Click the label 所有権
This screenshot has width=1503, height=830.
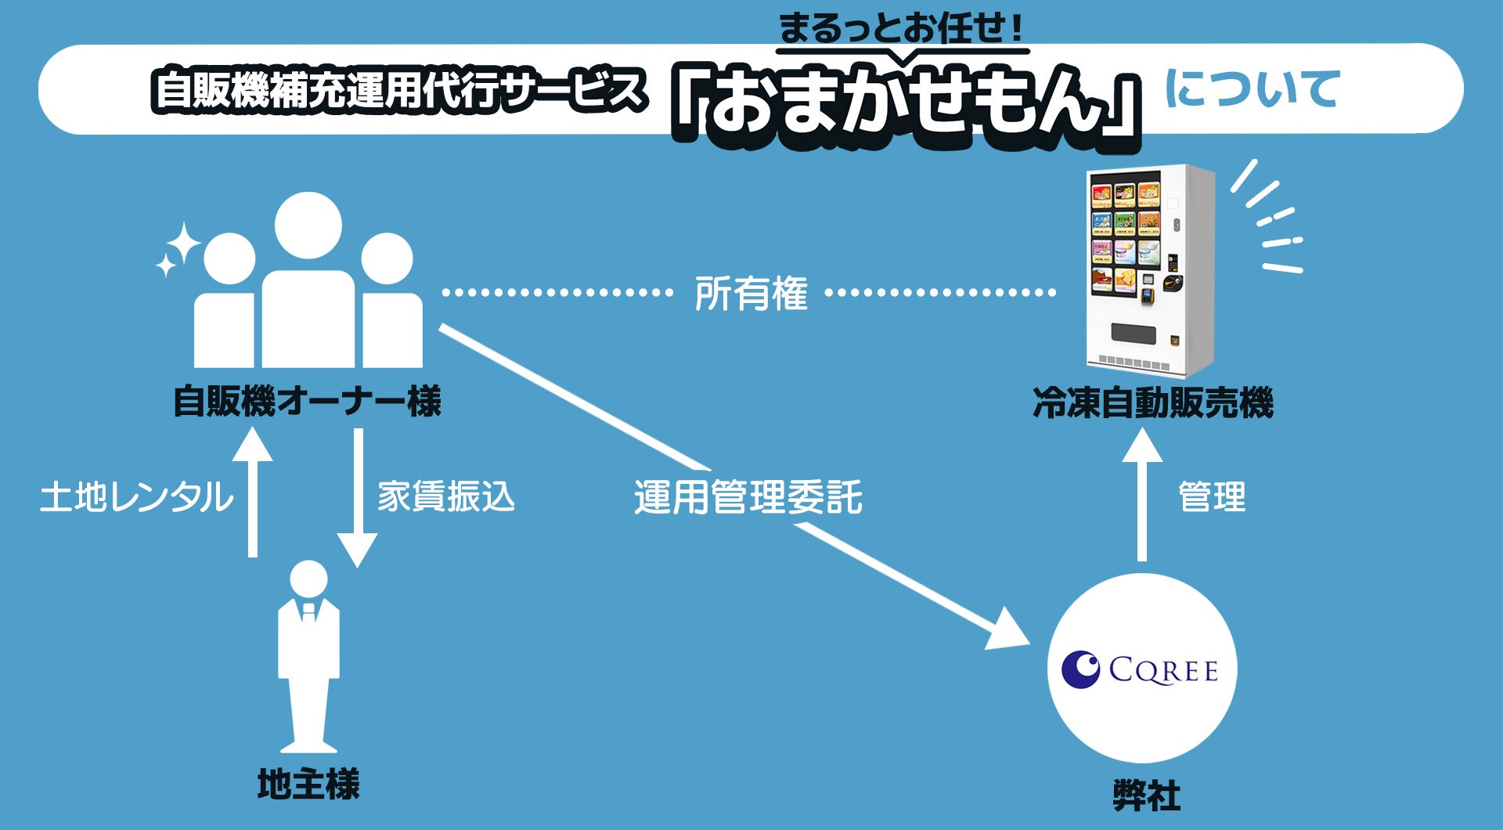point(751,294)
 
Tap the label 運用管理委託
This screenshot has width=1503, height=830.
point(748,498)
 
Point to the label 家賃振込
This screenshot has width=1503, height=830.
point(446,497)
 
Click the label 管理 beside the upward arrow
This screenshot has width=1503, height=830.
point(1212,497)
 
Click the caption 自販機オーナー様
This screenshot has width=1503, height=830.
point(307,402)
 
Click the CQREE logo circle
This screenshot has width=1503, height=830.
point(1142,669)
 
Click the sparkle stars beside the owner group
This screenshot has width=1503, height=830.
point(178,249)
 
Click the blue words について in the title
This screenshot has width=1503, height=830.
point(1252,88)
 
